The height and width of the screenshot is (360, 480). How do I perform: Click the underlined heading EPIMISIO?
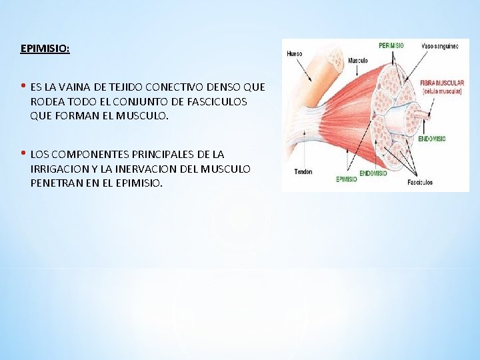45,49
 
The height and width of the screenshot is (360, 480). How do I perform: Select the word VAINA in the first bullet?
74,87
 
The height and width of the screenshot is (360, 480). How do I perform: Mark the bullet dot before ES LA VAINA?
23,87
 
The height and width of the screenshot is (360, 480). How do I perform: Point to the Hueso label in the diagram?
295,53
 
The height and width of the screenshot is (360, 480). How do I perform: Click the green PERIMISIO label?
391,45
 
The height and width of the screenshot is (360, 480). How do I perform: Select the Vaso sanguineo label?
441,46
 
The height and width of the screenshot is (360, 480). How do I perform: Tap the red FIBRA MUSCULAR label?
442,83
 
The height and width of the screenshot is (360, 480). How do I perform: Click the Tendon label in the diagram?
303,171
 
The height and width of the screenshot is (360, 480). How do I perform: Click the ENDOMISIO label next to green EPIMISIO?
374,173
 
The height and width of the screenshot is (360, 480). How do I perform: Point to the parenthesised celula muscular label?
442,91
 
